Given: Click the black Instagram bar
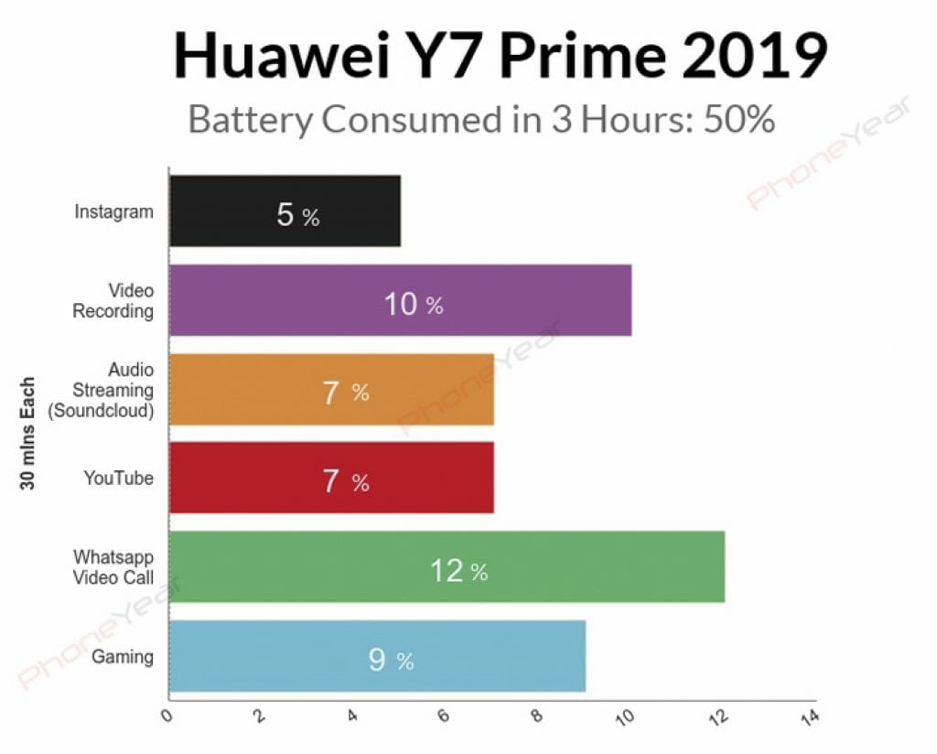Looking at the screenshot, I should coord(285,211).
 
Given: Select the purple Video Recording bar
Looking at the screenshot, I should coord(400,300).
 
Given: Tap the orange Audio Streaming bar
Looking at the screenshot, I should coord(331,389).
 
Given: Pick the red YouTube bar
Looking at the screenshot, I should coord(331,478).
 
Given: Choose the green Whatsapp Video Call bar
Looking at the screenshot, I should coord(447,566).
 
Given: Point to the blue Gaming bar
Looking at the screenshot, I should coord(377,656).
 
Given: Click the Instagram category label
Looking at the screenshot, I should coord(114,212).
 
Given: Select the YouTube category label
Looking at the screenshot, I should coord(119,478).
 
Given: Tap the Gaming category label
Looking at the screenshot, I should coord(123,656).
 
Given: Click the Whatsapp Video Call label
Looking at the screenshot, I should coord(114,566).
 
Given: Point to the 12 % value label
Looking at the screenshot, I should coord(458,571).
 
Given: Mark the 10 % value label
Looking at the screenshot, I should coord(413,305).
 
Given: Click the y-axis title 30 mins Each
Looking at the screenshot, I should coord(28,433).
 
